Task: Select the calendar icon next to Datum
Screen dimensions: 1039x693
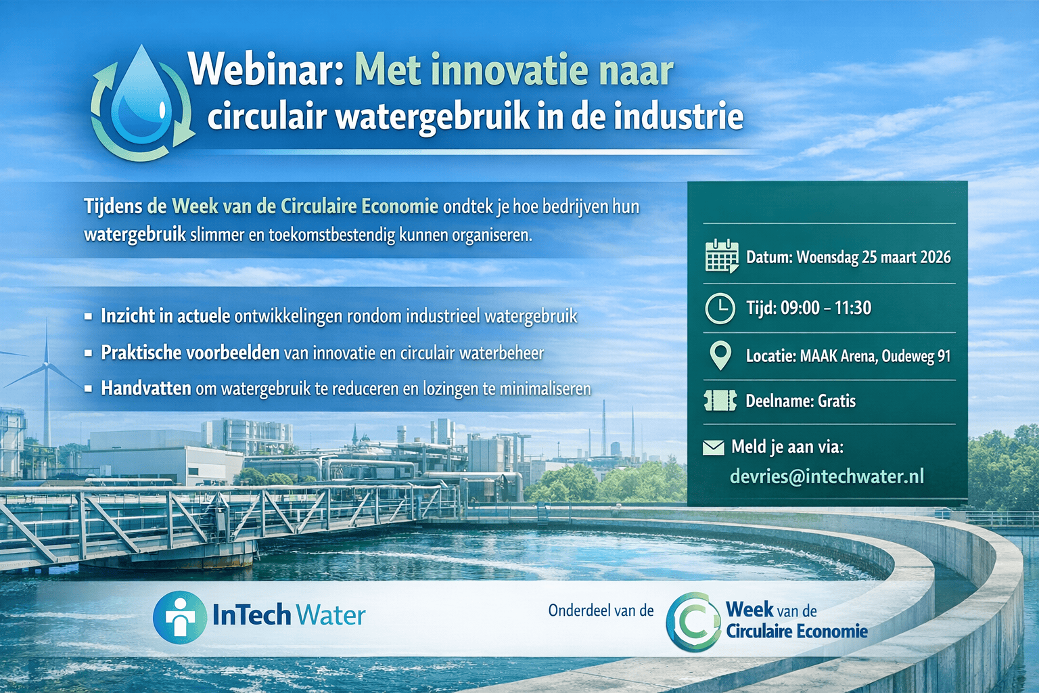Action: point(722,256)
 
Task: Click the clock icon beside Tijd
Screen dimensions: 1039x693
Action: point(720,308)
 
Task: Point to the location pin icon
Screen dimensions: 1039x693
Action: point(720,355)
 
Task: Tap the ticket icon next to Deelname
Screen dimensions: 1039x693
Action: point(720,401)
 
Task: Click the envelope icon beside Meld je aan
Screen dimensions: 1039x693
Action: point(714,447)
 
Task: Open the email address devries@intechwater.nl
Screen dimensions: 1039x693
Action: point(827,476)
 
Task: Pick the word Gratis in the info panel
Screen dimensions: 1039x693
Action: point(837,401)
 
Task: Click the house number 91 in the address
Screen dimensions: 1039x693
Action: point(944,356)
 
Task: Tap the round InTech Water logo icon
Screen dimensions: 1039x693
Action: point(180,617)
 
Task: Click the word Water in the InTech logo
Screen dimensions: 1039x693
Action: point(331,615)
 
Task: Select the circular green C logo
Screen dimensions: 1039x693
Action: point(694,622)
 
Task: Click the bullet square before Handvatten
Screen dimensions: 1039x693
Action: point(88,389)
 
